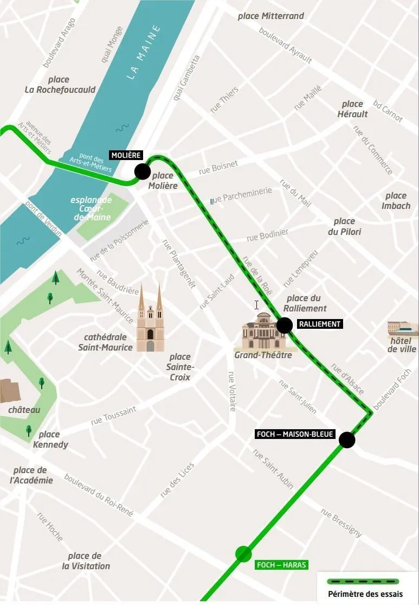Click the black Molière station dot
point(143,171)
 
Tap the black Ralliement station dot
point(285,326)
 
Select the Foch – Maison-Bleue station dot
point(347,440)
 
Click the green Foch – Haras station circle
point(243,554)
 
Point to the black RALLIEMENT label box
point(320,324)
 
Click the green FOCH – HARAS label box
point(281,565)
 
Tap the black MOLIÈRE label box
point(126,156)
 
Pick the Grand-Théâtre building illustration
point(263,332)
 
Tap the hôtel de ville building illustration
point(402,329)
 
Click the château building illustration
point(10,391)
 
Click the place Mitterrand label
point(270,16)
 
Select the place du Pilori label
point(344,226)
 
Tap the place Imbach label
point(396,201)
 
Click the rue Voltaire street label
point(231,391)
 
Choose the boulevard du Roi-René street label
point(98,495)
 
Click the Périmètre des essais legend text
point(365,594)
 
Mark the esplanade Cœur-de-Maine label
point(91,208)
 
